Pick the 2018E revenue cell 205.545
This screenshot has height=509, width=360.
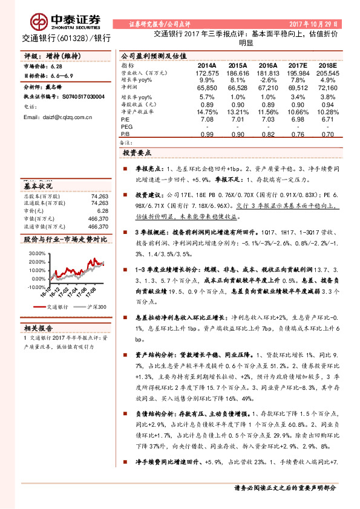[x=327, y=73]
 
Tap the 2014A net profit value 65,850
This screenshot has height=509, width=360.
[x=206, y=88]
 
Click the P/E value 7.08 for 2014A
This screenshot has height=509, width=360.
[x=207, y=120]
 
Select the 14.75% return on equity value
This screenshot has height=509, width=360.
[x=207, y=112]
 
